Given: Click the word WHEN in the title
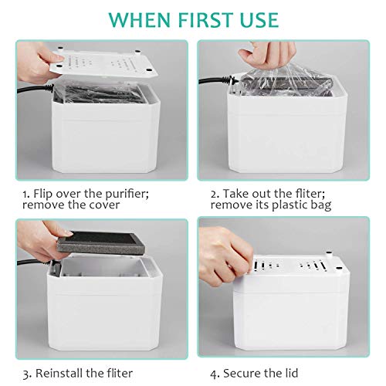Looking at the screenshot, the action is [x=140, y=19].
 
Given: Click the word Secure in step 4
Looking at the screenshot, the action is [x=241, y=373].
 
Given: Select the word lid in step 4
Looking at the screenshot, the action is [x=291, y=373].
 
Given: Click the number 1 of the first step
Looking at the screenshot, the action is [x=25, y=195].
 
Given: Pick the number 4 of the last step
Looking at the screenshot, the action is [x=214, y=374].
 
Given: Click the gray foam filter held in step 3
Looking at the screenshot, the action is [x=100, y=242].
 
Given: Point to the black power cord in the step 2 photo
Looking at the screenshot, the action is [x=219, y=80].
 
